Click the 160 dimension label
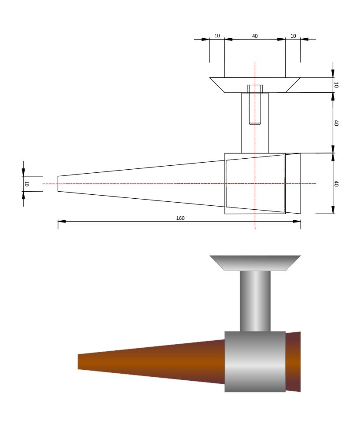pyautogui.click(x=180, y=218)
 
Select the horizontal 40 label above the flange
pyautogui.click(x=255, y=36)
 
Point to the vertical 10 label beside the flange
pyautogui.click(x=336, y=85)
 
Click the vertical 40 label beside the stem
pyautogui.click(x=336, y=123)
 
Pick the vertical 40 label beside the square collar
pyautogui.click(x=336, y=184)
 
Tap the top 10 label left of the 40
pyautogui.click(x=217, y=36)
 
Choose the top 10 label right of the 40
pyautogui.click(x=293, y=36)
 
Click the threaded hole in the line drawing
pyautogui.click(x=255, y=105)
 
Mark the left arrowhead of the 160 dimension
pyautogui.click(x=62, y=221)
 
